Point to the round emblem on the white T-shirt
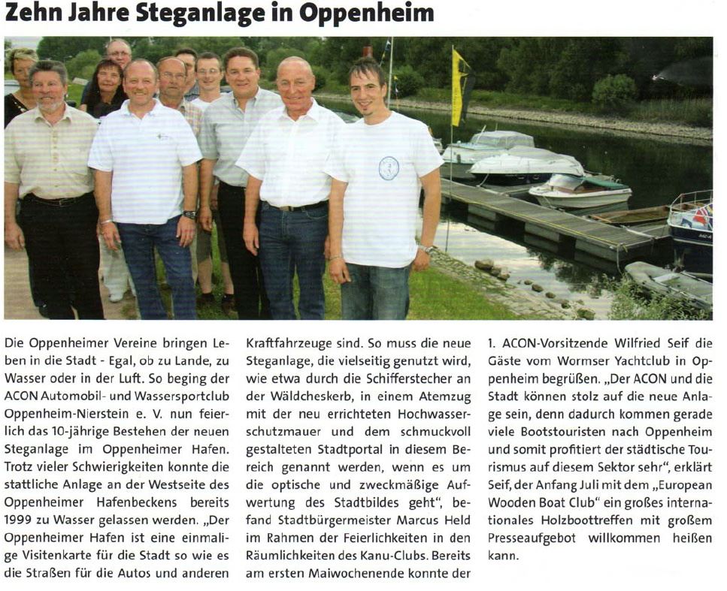coord(389,167)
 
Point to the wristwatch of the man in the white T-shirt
coord(426,249)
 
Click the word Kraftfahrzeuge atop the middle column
coord(284,343)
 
